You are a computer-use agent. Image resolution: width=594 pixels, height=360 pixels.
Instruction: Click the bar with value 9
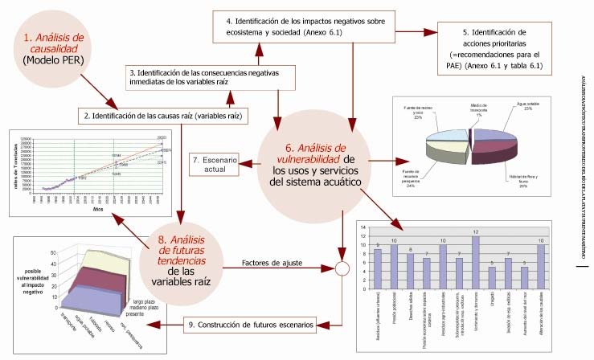click(x=378, y=269)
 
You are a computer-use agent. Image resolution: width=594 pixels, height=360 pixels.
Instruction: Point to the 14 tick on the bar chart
click(x=362, y=227)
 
